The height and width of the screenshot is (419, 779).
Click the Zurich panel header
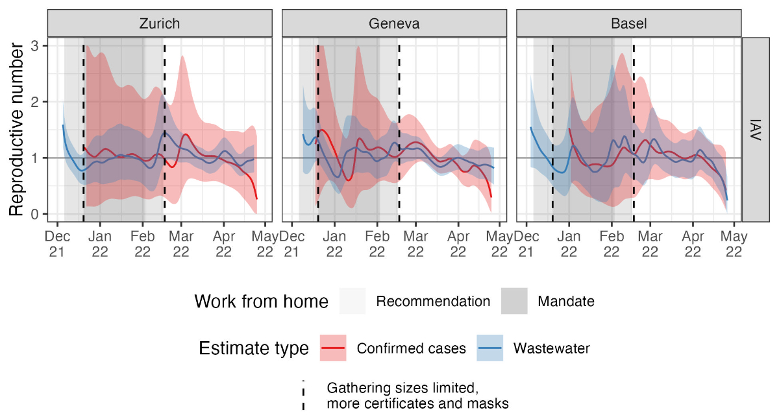(160, 24)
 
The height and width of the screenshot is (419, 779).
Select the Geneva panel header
(394, 24)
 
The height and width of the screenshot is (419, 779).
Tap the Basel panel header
(628, 24)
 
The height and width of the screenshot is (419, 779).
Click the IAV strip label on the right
(756, 129)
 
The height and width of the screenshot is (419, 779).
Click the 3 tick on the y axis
(34, 45)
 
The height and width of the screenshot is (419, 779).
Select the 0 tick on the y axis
(34, 214)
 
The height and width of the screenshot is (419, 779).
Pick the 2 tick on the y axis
(34, 102)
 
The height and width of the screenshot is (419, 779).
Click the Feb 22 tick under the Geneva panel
(377, 245)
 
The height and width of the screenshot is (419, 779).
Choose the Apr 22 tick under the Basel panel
(694, 245)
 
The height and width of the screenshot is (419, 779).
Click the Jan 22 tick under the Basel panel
(569, 245)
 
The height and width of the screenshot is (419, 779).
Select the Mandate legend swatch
(514, 302)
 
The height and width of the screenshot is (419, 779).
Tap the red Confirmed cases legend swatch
(334, 348)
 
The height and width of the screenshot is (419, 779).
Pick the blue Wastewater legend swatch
(490, 348)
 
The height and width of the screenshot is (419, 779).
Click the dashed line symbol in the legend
(303, 396)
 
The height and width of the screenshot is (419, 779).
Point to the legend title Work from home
(261, 302)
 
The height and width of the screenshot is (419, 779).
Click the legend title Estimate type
(253, 348)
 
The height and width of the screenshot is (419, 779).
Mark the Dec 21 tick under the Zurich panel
(57, 245)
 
